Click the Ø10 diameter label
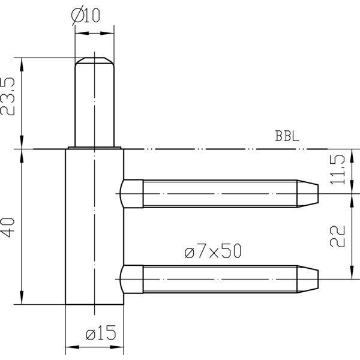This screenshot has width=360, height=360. [x=85, y=16]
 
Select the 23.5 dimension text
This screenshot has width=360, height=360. [x=8, y=97]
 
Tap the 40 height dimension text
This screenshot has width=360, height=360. [x=8, y=227]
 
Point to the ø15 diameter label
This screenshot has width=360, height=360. [x=101, y=332]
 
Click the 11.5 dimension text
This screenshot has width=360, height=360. [x=337, y=169]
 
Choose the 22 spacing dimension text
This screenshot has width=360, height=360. [x=337, y=236]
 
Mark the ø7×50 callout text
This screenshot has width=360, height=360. [x=213, y=251]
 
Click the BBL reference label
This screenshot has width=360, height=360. [x=287, y=136]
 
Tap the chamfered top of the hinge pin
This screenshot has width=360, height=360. [x=95, y=61]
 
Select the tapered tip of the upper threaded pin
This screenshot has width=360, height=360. [x=308, y=194]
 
